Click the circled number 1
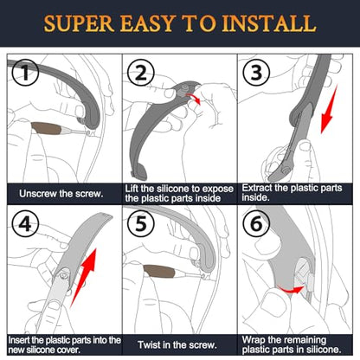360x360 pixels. [x=25, y=72]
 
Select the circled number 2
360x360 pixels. [x=140, y=73]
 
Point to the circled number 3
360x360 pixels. [x=256, y=72]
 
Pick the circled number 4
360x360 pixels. [x=25, y=223]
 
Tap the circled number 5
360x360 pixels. [x=141, y=223]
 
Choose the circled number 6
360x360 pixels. [x=256, y=223]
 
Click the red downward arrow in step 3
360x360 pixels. [x=329, y=110]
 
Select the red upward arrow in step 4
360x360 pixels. [x=83, y=277]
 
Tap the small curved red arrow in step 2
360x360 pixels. [x=194, y=98]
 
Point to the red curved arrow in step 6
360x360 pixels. [x=290, y=289]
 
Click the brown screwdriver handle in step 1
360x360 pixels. [x=46, y=129]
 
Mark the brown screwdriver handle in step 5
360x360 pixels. [x=158, y=272]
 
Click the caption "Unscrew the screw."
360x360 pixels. [x=61, y=193]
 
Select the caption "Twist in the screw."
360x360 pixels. [x=177, y=344]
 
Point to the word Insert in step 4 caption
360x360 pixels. [x=19, y=340]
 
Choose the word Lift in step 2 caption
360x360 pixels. [x=132, y=189]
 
